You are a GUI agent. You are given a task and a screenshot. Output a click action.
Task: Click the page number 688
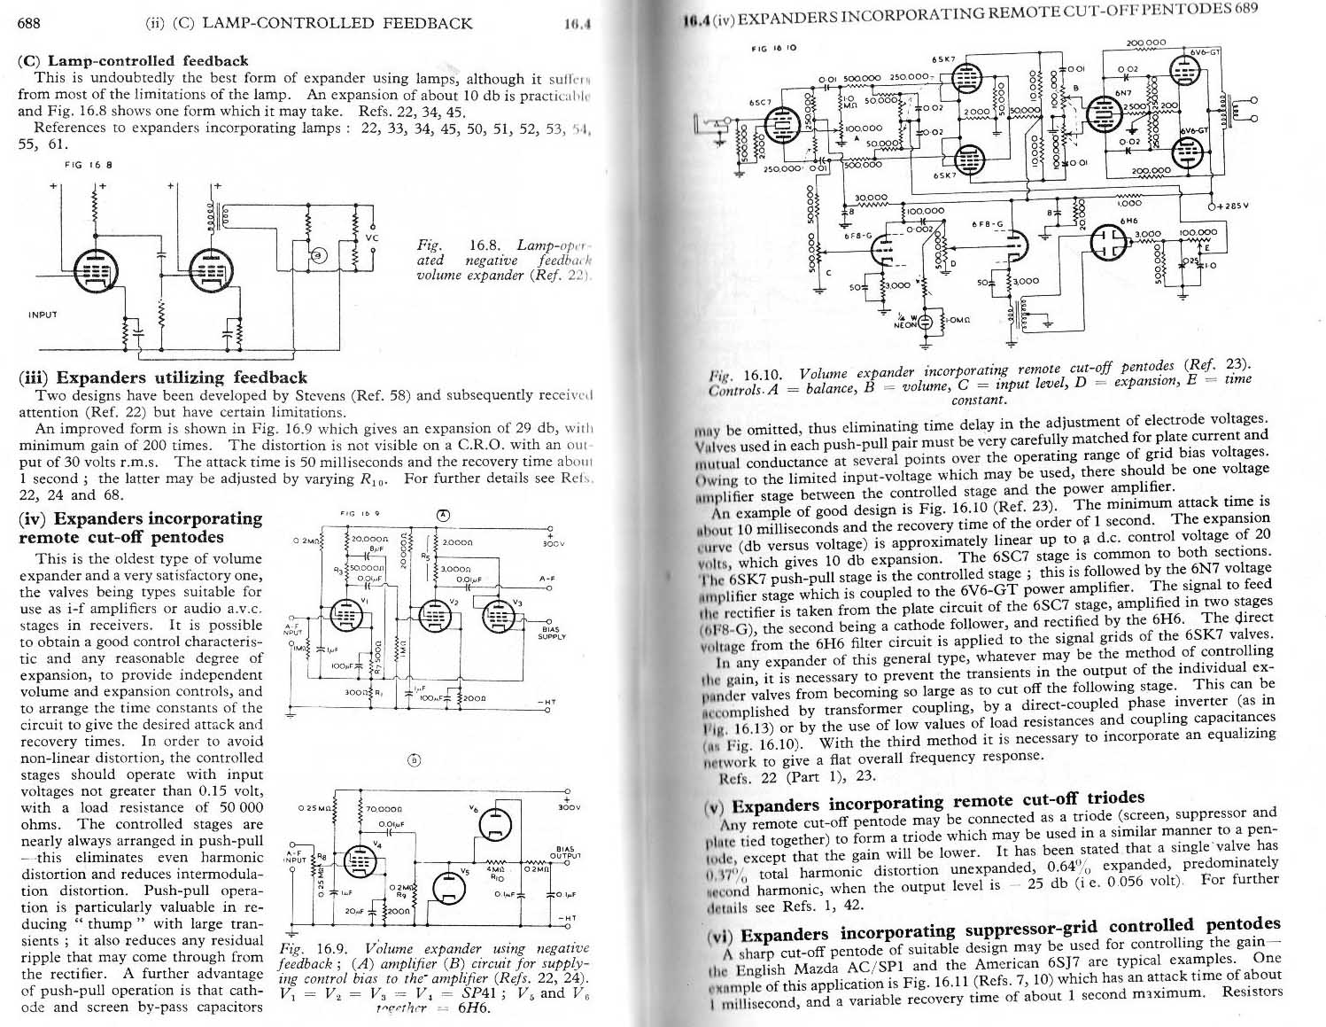click(x=29, y=23)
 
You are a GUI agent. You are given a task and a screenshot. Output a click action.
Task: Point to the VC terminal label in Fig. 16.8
click(x=373, y=237)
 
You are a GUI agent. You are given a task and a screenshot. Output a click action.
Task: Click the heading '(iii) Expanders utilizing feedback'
click(x=162, y=377)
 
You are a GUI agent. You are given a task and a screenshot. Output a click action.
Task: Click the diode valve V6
click(x=492, y=826)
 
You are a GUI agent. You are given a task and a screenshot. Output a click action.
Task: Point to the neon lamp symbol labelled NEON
click(x=927, y=323)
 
